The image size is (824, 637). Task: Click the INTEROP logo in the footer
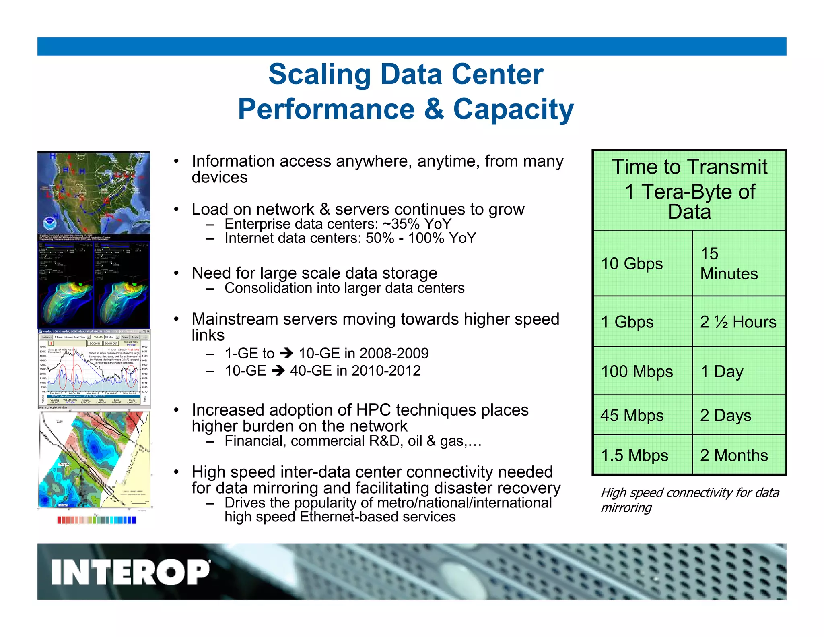click(130, 572)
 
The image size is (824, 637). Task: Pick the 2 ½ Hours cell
click(738, 322)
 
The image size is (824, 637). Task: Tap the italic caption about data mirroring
click(689, 500)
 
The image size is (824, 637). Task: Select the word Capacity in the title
click(513, 110)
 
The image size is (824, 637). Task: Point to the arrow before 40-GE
click(278, 370)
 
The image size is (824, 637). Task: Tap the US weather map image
click(94, 192)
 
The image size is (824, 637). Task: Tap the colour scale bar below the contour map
click(97, 520)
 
